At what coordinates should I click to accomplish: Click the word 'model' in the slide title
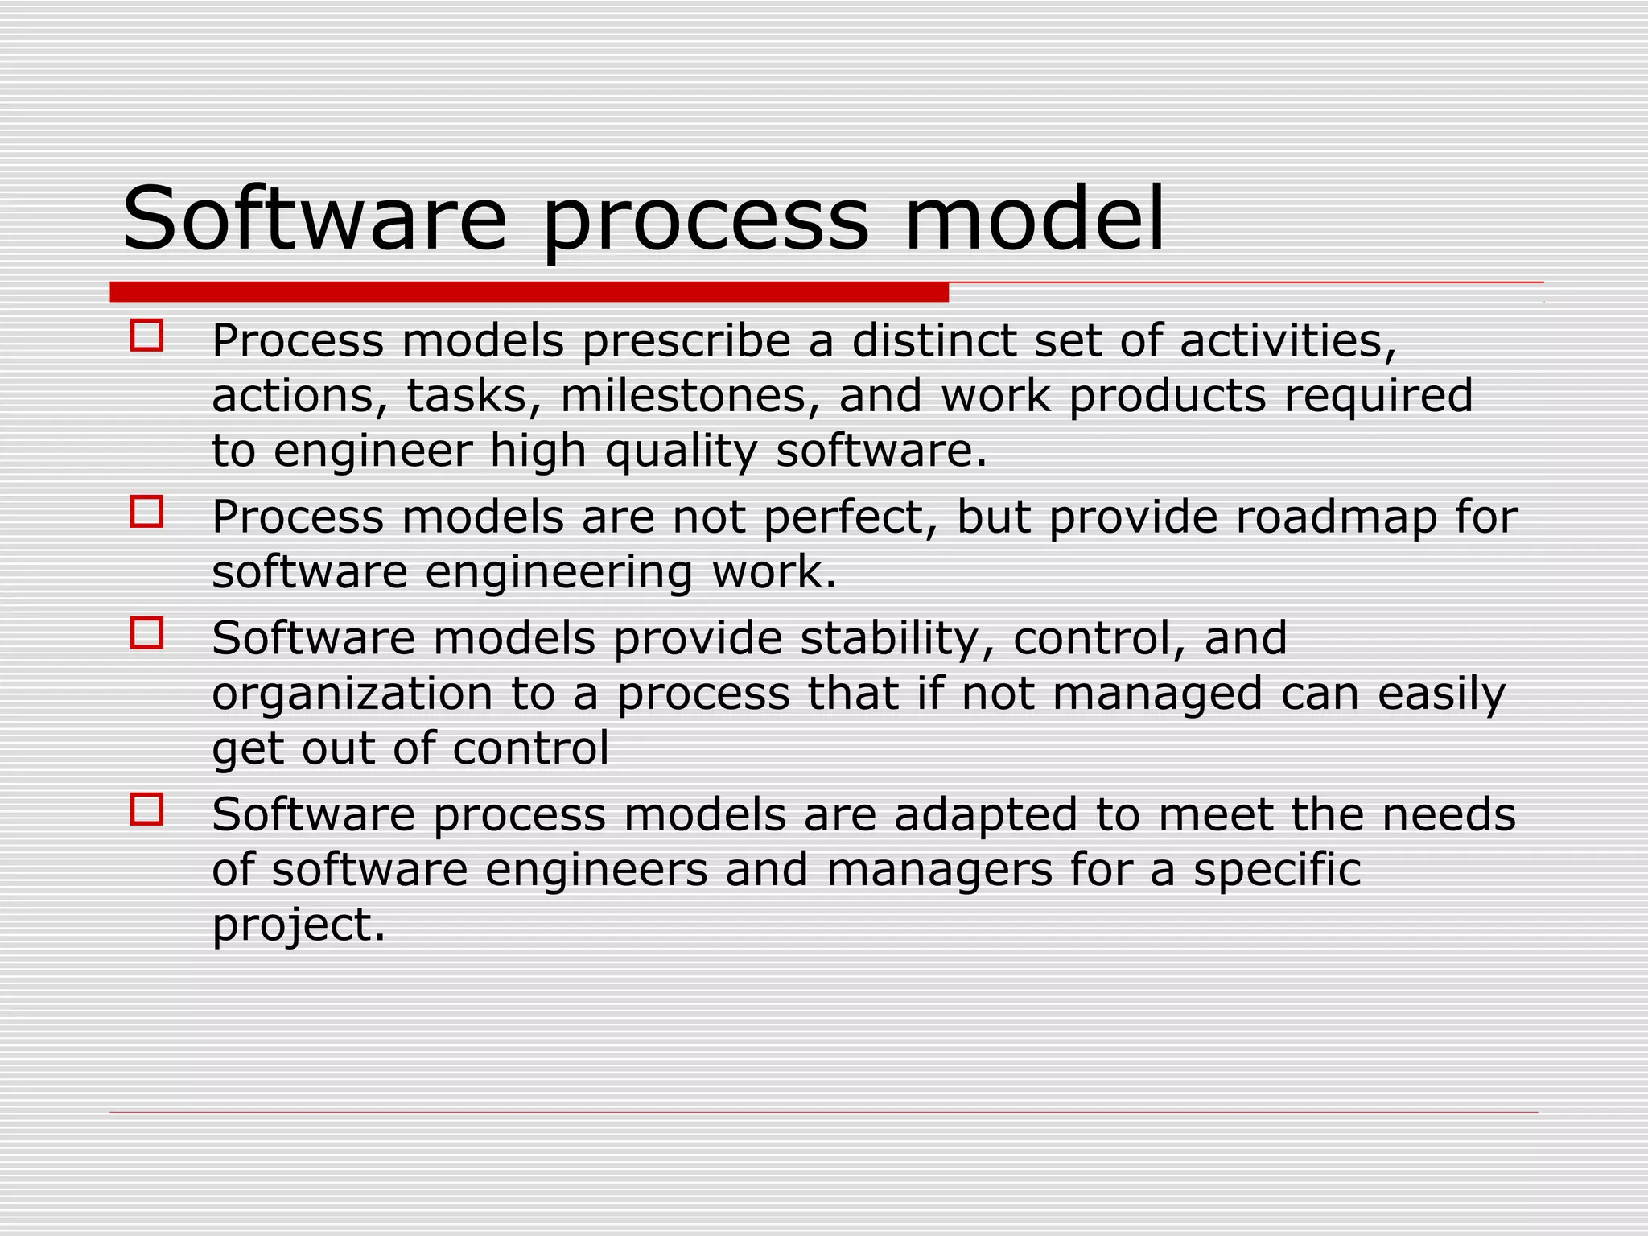1034,219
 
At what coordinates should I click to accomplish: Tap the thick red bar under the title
529,291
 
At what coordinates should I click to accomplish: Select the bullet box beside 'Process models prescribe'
146,336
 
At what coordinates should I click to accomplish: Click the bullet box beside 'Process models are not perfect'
146,511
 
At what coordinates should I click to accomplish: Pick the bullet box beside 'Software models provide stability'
146,632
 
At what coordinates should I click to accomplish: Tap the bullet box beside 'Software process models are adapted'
146,810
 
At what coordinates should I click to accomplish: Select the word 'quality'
681,451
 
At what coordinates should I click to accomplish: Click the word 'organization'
352,694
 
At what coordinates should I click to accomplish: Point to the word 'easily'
1441,694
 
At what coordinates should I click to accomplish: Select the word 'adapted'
985,814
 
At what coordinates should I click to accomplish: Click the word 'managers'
939,870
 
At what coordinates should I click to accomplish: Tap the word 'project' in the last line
299,925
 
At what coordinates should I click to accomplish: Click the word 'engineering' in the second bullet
558,573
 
